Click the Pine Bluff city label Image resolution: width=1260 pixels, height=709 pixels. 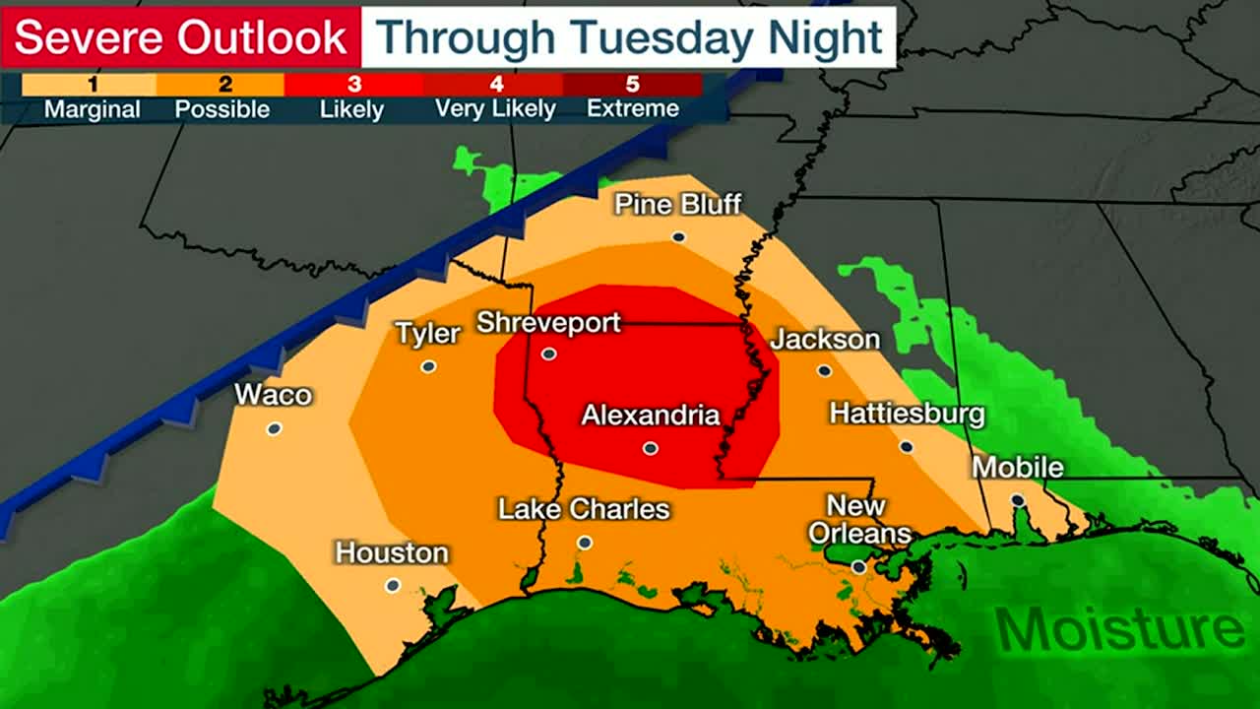(677, 204)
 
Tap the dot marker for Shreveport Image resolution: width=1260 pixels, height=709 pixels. (549, 354)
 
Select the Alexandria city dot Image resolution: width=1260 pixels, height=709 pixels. (650, 448)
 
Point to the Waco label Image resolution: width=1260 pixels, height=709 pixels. (273, 395)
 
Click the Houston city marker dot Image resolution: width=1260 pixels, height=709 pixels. (393, 585)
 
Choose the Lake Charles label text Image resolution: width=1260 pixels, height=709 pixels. (584, 509)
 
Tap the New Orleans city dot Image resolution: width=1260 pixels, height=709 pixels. (858, 567)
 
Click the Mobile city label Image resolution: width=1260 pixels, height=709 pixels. (1018, 467)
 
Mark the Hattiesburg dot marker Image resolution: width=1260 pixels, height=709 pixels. (906, 447)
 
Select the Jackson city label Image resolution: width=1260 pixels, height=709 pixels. (825, 340)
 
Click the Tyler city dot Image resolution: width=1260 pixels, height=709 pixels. (428, 366)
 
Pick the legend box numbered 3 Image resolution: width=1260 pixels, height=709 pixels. (352, 85)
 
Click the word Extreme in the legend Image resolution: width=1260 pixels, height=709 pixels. (632, 108)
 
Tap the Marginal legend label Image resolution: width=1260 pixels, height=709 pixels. (93, 108)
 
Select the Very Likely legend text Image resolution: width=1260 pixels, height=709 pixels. (495, 108)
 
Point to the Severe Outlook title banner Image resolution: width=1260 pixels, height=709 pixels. (181, 37)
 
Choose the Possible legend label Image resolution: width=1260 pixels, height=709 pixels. (221, 108)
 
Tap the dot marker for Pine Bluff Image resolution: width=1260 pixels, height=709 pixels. (678, 236)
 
